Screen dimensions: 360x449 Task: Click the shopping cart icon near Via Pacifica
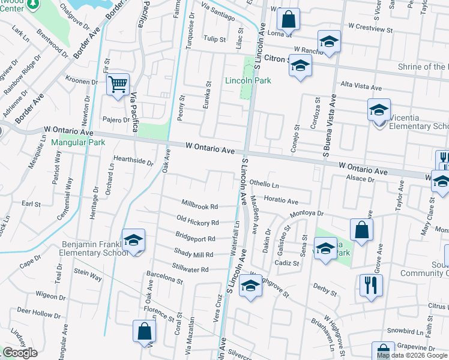click(x=118, y=84)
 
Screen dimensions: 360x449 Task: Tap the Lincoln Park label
click(x=248, y=80)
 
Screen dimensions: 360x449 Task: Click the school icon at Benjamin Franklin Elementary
click(x=133, y=241)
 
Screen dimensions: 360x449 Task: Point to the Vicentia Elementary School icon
click(x=379, y=111)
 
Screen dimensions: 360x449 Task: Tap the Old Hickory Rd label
click(x=197, y=221)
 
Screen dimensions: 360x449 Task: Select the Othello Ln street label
click(x=265, y=184)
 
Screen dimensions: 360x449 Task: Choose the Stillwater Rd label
click(x=190, y=269)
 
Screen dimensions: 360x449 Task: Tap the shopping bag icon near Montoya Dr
click(x=361, y=230)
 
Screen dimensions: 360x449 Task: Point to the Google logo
click(x=20, y=352)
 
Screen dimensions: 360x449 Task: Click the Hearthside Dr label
click(x=133, y=160)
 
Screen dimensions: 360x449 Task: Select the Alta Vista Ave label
click(x=361, y=87)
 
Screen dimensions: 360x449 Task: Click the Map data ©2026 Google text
click(x=412, y=355)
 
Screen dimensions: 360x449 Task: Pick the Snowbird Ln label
click(x=405, y=331)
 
